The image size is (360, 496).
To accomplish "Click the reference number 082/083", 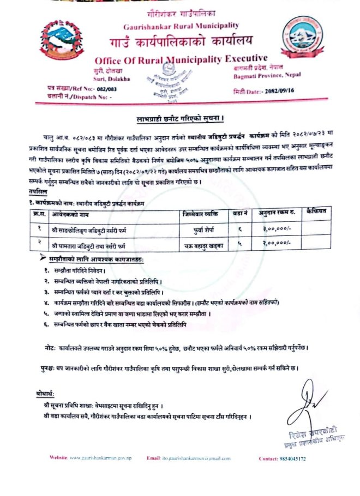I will click(99, 88).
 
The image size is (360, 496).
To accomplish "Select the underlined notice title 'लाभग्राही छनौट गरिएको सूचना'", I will click(180, 118).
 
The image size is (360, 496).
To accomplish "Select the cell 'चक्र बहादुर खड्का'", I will click(202, 245).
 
